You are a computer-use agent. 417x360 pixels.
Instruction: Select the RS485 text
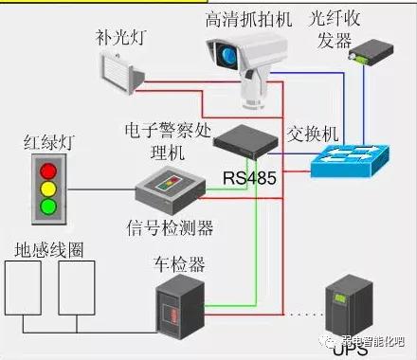245,177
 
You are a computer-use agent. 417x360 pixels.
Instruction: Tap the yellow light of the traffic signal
45,188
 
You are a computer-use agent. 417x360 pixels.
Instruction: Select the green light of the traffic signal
45,204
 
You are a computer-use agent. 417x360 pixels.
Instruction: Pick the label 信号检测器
169,227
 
